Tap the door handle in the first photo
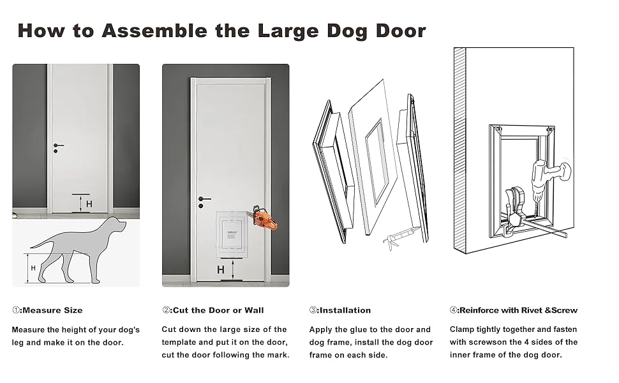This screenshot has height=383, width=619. pos(58,147)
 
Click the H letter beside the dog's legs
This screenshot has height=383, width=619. pos(33,268)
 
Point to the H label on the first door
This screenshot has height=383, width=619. pos(89,204)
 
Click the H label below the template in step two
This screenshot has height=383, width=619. pos(221,270)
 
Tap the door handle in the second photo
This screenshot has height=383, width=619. pos(203,201)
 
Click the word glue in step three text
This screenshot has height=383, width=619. pos(363,329)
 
